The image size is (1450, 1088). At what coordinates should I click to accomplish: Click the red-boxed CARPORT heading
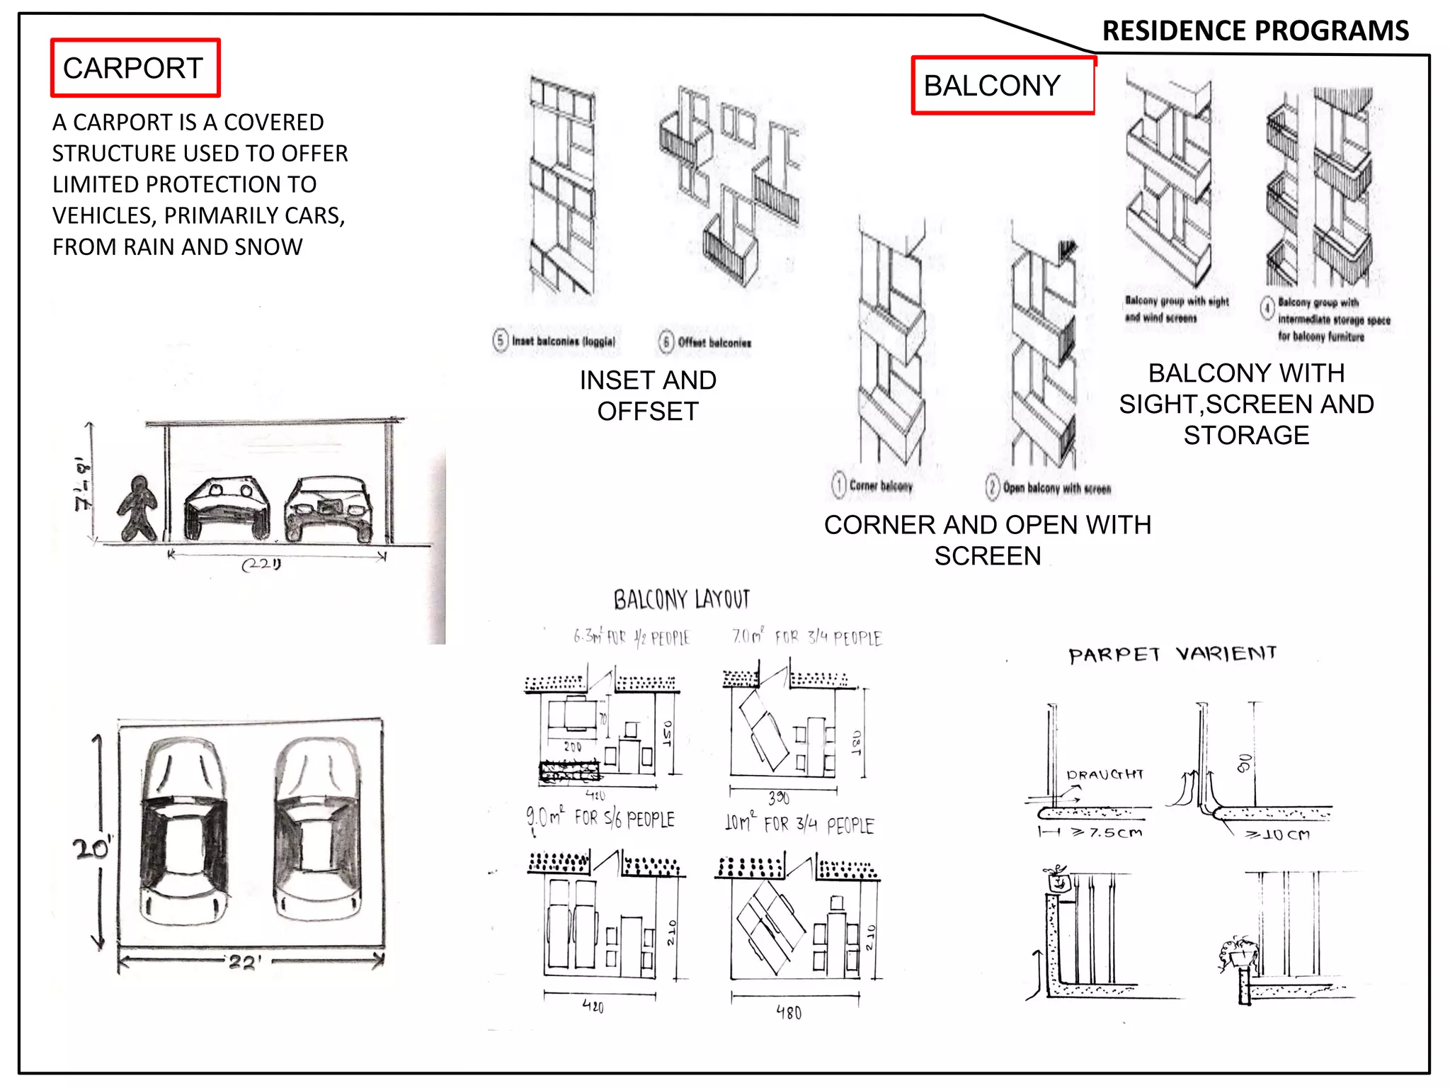[135, 68]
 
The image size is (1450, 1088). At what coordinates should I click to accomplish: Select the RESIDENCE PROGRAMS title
[1255, 31]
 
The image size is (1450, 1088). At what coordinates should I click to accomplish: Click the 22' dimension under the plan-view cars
[244, 963]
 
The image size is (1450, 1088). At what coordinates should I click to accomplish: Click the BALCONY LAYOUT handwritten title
[681, 600]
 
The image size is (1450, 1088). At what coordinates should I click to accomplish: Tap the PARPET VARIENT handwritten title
[1172, 654]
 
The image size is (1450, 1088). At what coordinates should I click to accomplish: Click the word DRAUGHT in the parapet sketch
[1104, 774]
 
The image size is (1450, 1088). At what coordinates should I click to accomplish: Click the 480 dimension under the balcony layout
[789, 1013]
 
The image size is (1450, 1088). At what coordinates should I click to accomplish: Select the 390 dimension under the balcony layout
[779, 798]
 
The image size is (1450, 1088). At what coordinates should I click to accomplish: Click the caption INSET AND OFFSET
[648, 395]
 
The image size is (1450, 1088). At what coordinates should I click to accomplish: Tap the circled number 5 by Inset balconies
[501, 341]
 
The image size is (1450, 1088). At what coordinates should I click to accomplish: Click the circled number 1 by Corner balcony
[839, 485]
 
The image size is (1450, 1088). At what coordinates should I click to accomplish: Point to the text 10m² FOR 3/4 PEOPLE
[799, 824]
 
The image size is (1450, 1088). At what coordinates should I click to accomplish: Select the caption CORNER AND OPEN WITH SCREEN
[987, 540]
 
